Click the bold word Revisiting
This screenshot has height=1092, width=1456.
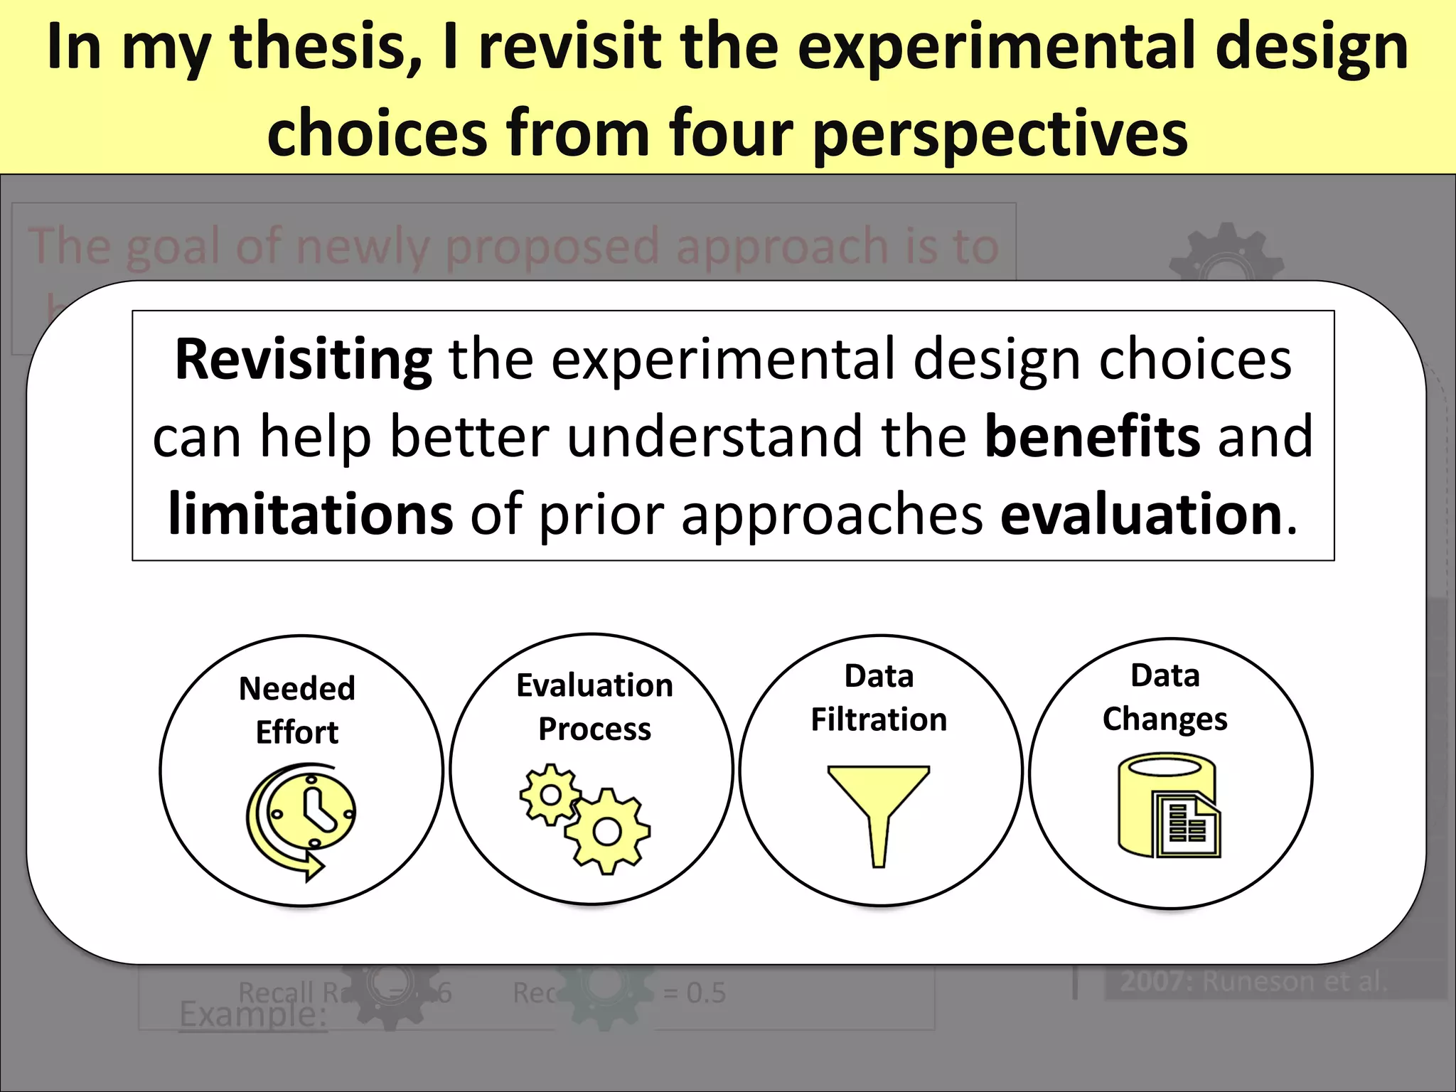pos(303,360)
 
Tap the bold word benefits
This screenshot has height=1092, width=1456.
pos(1093,437)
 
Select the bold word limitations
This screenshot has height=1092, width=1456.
pos(310,513)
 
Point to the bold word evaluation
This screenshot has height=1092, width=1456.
pos(1141,513)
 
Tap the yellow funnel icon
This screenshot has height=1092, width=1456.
pos(879,810)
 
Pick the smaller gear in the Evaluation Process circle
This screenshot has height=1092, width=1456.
pos(550,794)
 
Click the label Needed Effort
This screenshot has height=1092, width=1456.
pos(297,710)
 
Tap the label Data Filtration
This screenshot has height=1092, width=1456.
pos(879,697)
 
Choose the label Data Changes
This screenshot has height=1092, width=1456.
pos(1165,697)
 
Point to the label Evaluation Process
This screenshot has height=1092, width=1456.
pos(594,707)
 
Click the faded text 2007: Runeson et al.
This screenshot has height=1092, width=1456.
pos(1254,981)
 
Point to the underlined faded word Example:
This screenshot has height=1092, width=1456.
pos(252,1013)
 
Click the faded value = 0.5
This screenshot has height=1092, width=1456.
pos(694,992)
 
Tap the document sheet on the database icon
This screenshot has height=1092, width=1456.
pos(1186,825)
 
